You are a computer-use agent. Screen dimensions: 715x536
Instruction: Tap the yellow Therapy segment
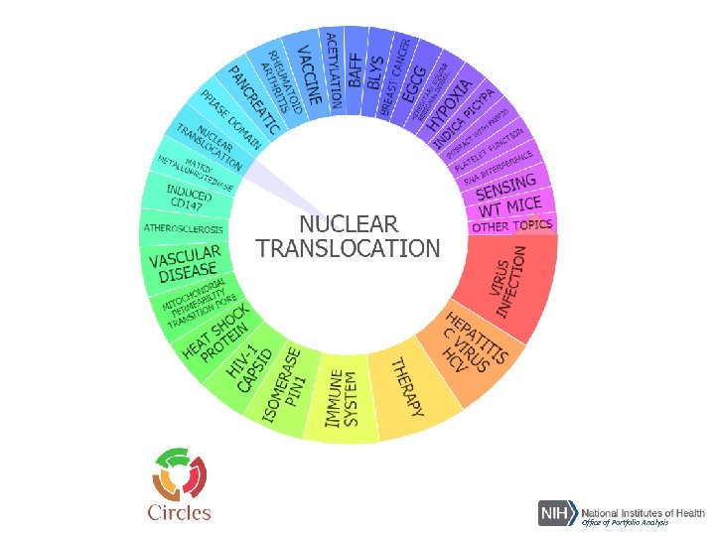pyautogui.click(x=407, y=387)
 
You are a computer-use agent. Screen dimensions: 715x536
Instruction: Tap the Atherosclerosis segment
pyautogui.click(x=184, y=227)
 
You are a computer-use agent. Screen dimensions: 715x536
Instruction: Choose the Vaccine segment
pyautogui.click(x=308, y=74)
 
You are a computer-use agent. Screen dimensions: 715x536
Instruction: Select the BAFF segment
pyautogui.click(x=355, y=67)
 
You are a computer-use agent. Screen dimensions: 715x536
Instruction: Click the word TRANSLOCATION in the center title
pyautogui.click(x=348, y=248)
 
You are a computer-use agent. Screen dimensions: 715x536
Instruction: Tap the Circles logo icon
pyautogui.click(x=179, y=474)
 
